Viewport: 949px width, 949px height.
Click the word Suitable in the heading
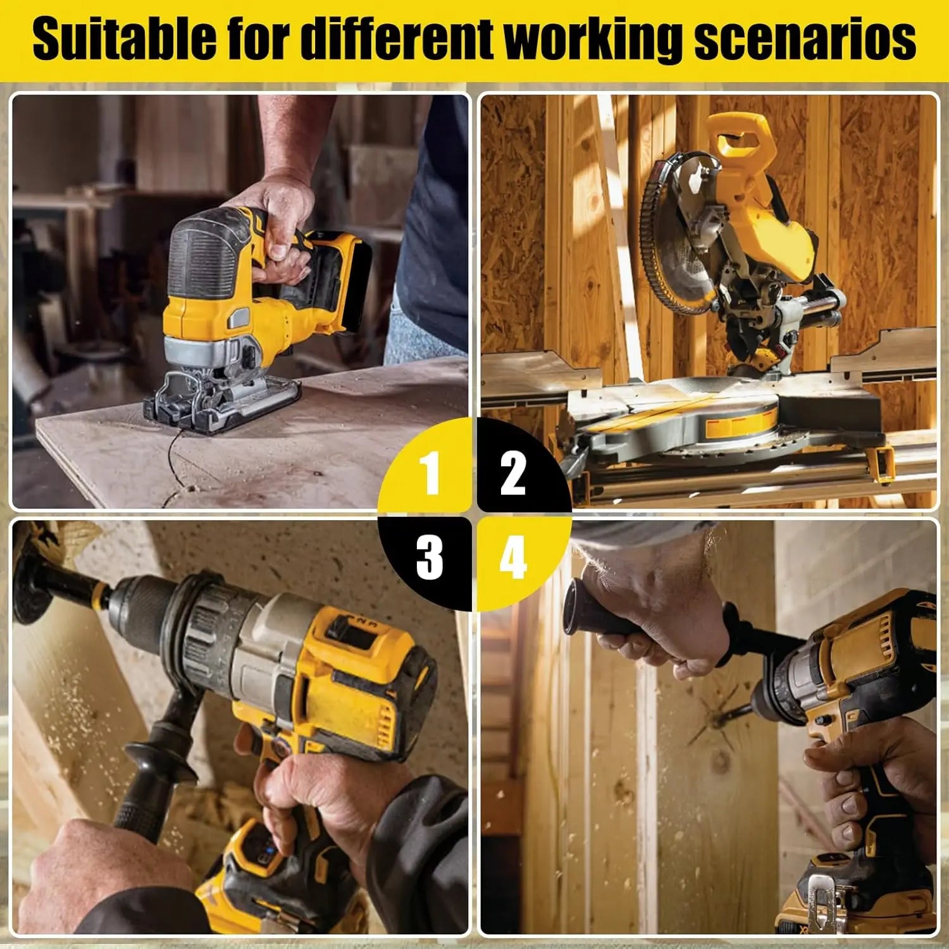tap(125, 39)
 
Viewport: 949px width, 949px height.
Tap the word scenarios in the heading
tap(805, 40)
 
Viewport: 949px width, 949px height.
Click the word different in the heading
tap(395, 39)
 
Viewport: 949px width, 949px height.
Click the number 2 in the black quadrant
tap(512, 473)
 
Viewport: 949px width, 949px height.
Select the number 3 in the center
tap(430, 556)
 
